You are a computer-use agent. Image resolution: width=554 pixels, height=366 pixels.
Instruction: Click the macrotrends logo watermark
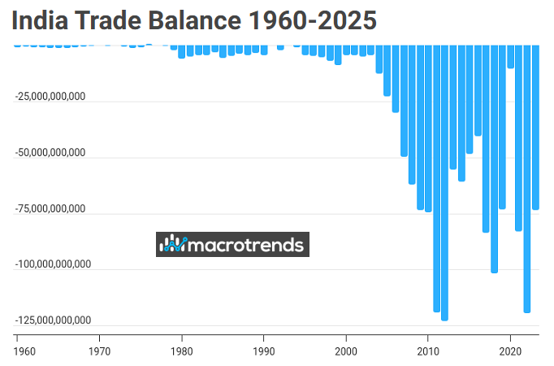click(x=232, y=244)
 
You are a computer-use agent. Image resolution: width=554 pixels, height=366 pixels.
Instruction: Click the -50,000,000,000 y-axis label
click(x=50, y=153)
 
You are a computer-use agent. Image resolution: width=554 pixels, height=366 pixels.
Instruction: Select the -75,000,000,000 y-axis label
click(x=50, y=209)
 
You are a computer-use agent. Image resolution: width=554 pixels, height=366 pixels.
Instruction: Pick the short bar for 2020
click(x=511, y=57)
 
